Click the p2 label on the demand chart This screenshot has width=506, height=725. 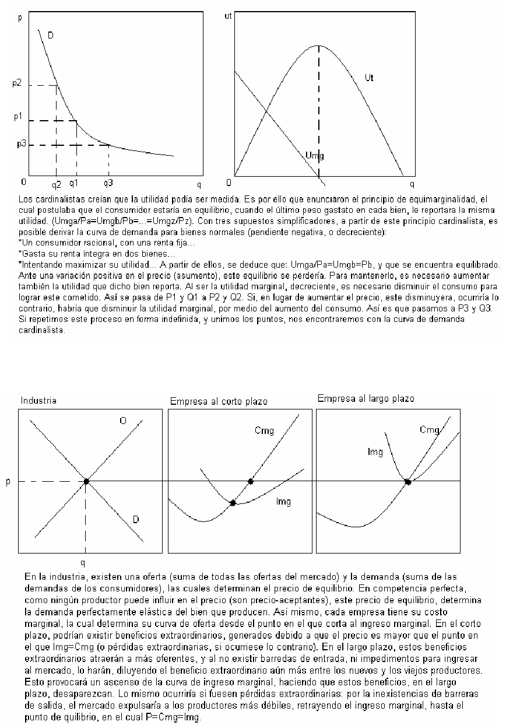pyautogui.click(x=16, y=84)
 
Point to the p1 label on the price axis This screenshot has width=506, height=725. pyautogui.click(x=17, y=117)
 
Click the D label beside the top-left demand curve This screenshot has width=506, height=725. pyautogui.click(x=51, y=36)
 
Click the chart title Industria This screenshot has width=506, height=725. pyautogui.click(x=38, y=401)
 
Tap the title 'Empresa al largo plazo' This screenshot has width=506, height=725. pyautogui.click(x=366, y=398)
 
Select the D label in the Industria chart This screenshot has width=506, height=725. pyautogui.click(x=135, y=519)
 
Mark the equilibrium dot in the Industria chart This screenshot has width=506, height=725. pyautogui.click(x=86, y=481)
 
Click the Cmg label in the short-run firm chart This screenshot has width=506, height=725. pyautogui.click(x=264, y=430)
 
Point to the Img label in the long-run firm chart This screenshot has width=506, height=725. pyautogui.click(x=375, y=451)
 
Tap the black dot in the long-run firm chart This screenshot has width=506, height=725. pyautogui.click(x=407, y=482)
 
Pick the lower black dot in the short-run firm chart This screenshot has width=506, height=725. pyautogui.click(x=233, y=503)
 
